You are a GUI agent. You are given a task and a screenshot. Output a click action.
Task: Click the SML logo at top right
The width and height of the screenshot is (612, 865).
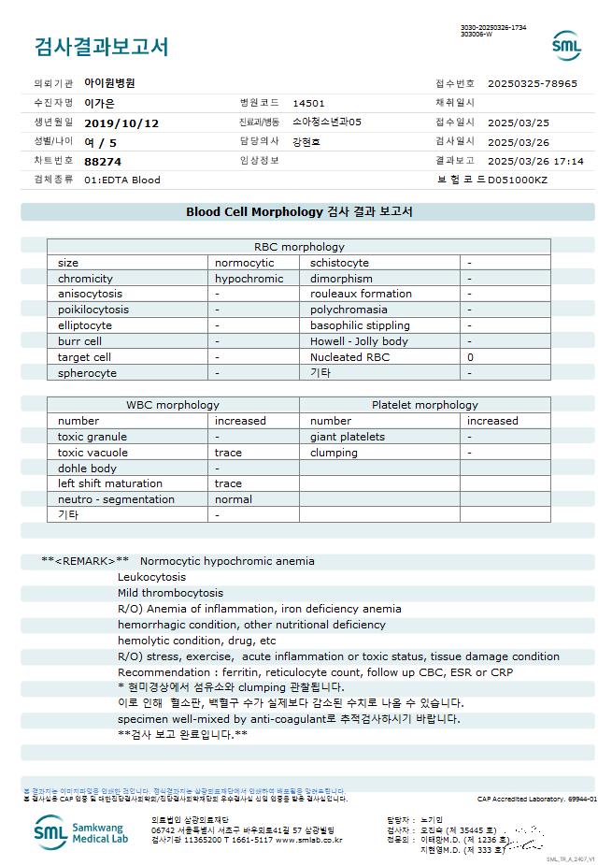pos(566,45)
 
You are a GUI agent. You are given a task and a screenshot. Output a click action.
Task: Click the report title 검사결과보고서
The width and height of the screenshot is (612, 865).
pos(101,46)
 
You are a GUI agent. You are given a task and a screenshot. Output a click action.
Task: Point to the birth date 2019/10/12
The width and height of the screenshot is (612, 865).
pos(121,123)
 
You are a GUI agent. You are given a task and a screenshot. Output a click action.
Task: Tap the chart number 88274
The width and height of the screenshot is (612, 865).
pos(103,161)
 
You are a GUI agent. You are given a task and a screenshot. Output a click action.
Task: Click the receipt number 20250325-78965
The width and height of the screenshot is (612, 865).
pos(533,83)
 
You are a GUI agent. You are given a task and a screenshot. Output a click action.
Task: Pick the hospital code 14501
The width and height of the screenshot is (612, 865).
pos(308,103)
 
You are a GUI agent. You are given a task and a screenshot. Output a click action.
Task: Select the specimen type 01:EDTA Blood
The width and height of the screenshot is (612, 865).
pos(122,180)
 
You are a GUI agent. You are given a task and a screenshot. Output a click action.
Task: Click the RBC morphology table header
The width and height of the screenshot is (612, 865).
pos(299,247)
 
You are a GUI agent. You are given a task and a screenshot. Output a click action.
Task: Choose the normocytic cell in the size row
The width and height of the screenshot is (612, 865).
pos(244,263)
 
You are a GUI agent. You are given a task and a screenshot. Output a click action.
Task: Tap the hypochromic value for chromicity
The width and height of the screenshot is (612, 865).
pos(249,279)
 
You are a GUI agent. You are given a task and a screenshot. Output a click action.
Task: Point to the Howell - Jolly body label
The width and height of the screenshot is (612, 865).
pos(359,341)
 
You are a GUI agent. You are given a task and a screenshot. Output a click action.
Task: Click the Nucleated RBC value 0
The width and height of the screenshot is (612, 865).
pos(470,357)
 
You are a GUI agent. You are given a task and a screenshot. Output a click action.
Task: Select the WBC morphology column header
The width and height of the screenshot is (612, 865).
pos(173,405)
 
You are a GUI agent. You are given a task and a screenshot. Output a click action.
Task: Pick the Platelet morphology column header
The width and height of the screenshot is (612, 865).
pos(424,405)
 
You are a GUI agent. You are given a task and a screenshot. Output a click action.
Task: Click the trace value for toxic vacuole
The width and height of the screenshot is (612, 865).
pos(228,453)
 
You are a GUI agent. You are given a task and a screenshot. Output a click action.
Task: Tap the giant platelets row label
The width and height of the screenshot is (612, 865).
pos(348,437)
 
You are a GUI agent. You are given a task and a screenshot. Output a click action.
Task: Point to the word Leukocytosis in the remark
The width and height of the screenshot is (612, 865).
pos(151,577)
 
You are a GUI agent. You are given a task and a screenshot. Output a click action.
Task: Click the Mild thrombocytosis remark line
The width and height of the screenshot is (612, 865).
pos(170,593)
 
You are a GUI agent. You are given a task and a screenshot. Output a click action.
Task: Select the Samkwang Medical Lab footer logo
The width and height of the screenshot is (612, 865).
pos(82,832)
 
